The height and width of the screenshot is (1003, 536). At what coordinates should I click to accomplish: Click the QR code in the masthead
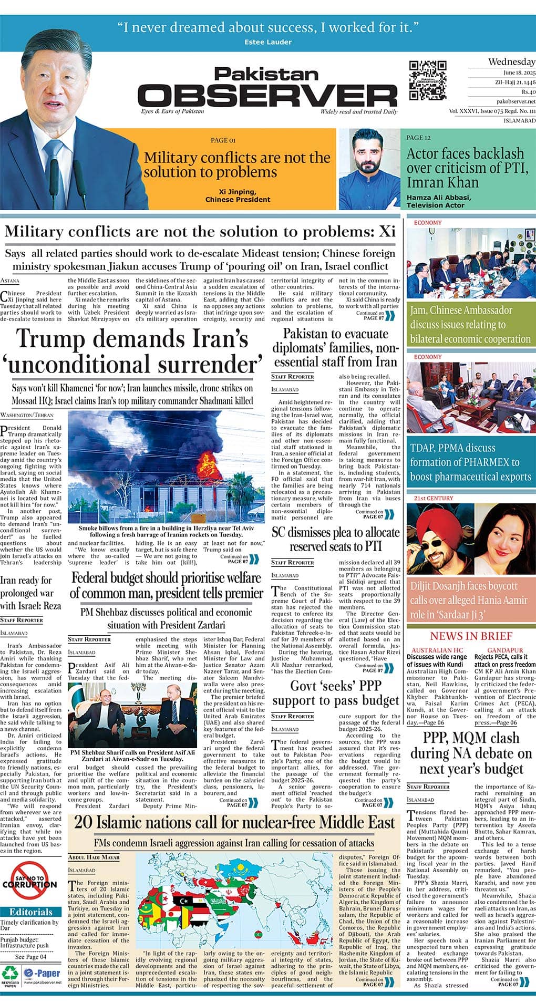(427, 80)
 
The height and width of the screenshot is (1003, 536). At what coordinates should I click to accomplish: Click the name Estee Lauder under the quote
(267, 42)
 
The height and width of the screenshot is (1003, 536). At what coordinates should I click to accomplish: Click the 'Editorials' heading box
(30, 912)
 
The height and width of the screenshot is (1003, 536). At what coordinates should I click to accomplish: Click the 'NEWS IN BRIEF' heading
(471, 636)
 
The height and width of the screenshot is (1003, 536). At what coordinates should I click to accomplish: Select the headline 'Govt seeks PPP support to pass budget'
(336, 693)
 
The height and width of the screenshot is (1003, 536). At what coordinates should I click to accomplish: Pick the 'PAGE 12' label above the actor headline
(418, 138)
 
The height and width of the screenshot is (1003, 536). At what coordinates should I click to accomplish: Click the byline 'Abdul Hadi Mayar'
(94, 857)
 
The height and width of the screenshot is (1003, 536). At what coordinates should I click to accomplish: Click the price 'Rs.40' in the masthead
(528, 92)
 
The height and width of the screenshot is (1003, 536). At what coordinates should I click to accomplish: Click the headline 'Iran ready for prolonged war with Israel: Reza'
(30, 593)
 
